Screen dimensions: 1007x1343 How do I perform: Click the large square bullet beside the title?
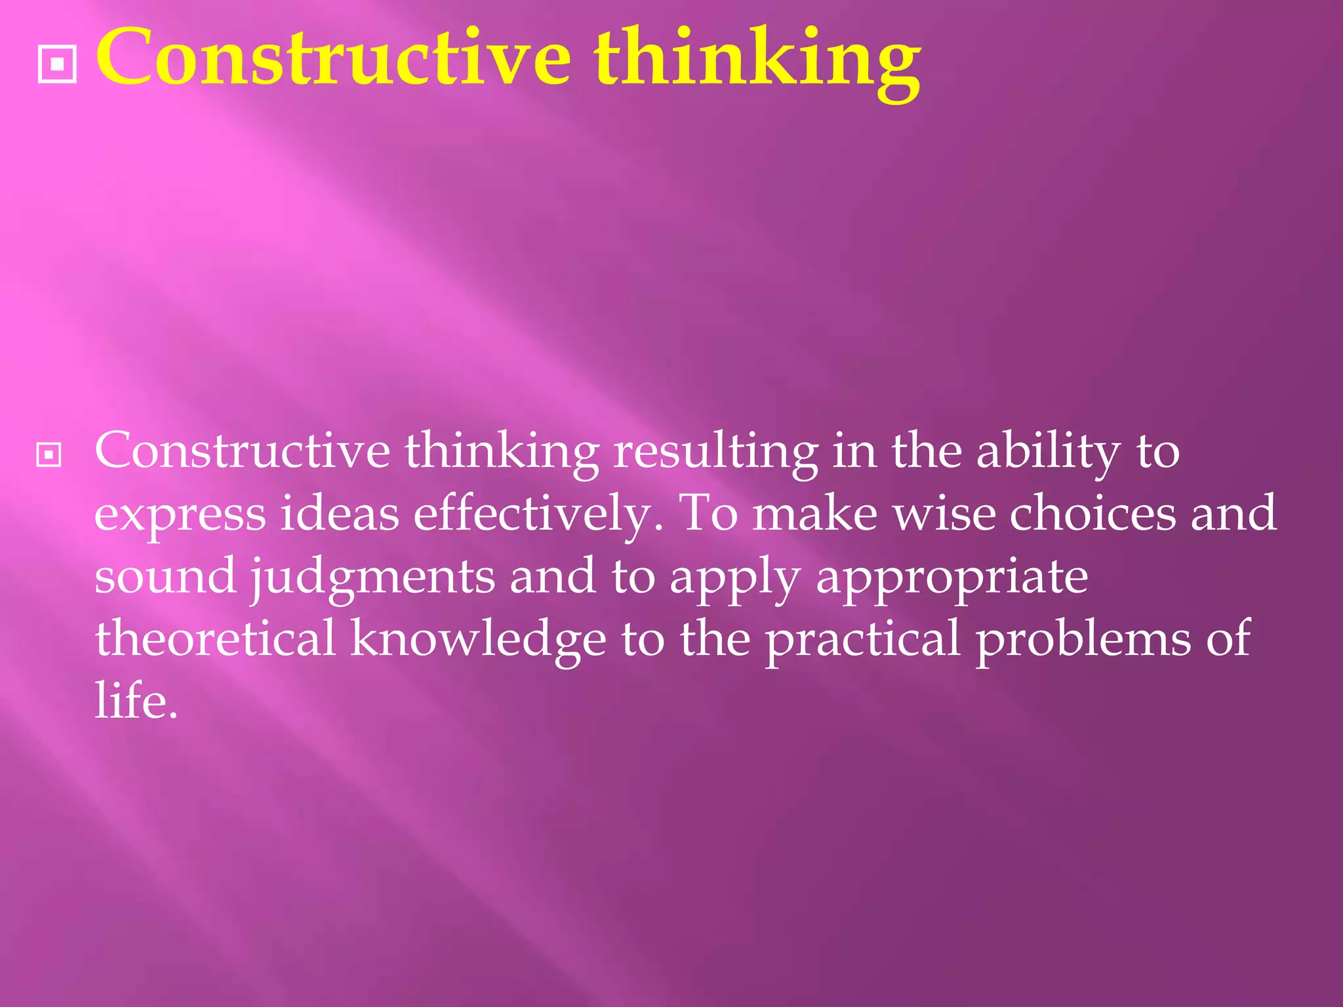58,64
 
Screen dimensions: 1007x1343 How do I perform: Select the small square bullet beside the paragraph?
49,454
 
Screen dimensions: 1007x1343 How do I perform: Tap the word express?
180,515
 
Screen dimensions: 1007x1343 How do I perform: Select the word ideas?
340,513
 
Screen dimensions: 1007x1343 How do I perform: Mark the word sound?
165,576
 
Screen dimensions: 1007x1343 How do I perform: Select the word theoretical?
215,639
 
